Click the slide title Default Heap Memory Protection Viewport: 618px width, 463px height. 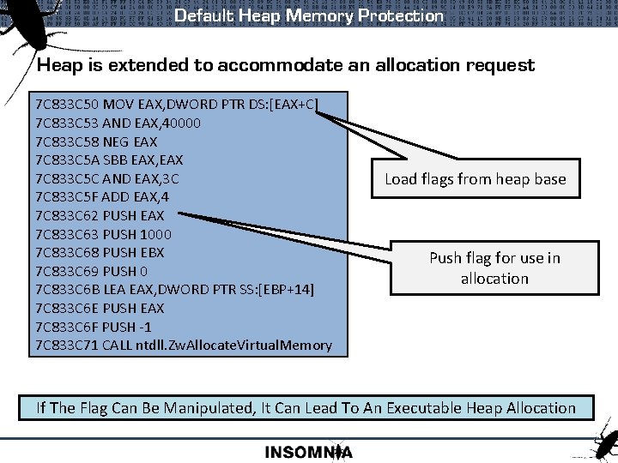(309, 15)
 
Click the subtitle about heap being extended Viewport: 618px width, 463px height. (286, 65)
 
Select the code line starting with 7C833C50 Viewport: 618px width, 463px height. (177, 105)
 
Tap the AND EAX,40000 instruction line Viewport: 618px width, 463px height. (118, 123)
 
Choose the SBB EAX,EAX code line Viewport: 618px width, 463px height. (109, 160)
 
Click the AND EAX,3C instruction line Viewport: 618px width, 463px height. (107, 178)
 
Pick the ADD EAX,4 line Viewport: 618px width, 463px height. (103, 197)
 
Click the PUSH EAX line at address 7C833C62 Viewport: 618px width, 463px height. (100, 215)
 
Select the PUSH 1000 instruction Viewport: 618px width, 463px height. (103, 234)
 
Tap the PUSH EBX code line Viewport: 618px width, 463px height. (100, 252)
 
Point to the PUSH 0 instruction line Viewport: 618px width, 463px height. (92, 271)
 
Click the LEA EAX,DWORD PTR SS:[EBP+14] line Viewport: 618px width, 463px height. (175, 289)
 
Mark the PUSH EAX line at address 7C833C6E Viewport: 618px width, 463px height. (100, 308)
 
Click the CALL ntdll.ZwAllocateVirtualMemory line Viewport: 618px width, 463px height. (184, 345)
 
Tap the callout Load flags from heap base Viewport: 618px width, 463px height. (475, 179)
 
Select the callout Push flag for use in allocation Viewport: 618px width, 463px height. (494, 268)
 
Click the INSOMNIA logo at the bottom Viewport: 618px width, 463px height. (308, 452)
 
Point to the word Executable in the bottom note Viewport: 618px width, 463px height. (409, 407)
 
